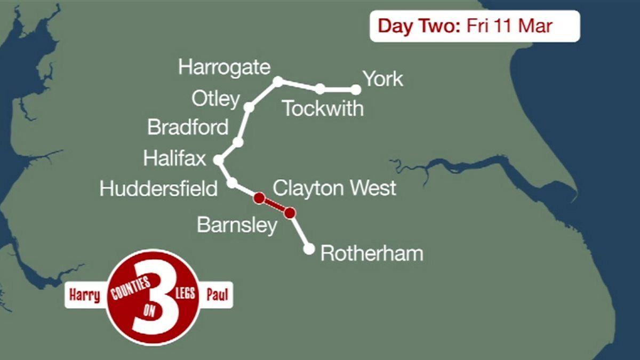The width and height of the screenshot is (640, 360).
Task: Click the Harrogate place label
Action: (x=225, y=68)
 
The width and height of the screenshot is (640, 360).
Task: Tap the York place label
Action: (x=383, y=79)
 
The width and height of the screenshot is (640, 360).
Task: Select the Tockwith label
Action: (x=323, y=108)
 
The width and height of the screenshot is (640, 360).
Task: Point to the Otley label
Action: (x=215, y=99)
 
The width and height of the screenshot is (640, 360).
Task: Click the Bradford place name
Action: (x=188, y=127)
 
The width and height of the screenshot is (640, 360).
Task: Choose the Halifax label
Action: (x=174, y=158)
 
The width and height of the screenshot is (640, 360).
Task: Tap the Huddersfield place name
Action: (x=158, y=189)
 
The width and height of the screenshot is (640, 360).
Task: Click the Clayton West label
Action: (x=334, y=188)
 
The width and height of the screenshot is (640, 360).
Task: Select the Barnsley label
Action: (x=237, y=225)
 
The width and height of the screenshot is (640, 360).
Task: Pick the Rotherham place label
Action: (x=371, y=253)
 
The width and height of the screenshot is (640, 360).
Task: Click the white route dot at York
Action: (x=356, y=90)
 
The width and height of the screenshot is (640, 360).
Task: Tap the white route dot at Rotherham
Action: (x=309, y=249)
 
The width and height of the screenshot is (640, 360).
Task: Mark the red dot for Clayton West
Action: (x=259, y=198)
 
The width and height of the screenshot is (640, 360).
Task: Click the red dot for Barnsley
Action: (x=290, y=213)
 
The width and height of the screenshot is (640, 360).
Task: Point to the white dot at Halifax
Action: (x=218, y=159)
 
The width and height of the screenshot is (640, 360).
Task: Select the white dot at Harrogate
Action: (x=278, y=81)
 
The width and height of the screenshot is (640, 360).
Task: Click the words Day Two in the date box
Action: (x=418, y=26)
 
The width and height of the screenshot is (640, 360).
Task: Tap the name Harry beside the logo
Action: (x=84, y=295)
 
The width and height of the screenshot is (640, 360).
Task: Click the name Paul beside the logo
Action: (x=218, y=295)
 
